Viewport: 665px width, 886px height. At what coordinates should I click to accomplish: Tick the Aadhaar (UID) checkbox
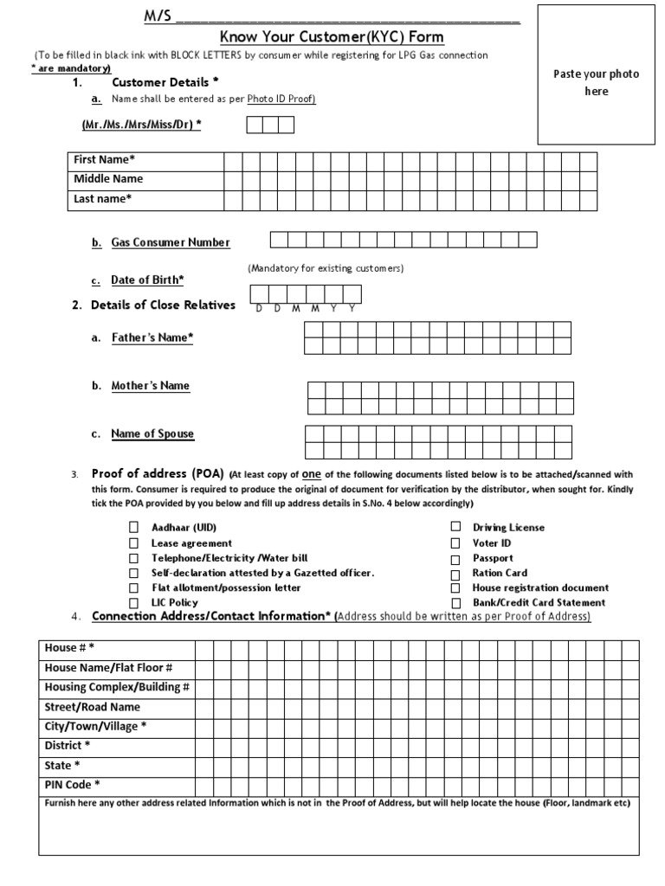tap(134, 527)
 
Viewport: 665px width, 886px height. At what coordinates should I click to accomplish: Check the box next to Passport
tap(455, 559)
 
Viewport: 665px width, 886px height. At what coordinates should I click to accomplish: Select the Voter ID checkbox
tap(455, 543)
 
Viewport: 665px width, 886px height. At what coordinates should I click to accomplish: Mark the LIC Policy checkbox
tap(134, 602)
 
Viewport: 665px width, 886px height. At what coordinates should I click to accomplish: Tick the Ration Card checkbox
tap(455, 574)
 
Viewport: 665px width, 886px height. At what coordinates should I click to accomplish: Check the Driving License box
tap(455, 527)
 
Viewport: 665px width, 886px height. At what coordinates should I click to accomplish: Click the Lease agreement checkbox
tap(134, 543)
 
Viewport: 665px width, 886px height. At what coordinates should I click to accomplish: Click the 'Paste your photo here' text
tap(596, 82)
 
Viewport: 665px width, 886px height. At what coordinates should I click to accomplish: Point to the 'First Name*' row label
tap(104, 160)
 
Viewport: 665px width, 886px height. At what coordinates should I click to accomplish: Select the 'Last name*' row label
tap(102, 199)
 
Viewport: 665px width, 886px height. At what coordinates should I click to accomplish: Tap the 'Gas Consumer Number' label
tap(171, 243)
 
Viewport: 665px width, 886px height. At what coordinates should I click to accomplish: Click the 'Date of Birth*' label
tap(147, 280)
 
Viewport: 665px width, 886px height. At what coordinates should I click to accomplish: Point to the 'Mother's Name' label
tap(150, 386)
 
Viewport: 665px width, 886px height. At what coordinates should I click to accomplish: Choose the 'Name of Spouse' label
tap(152, 433)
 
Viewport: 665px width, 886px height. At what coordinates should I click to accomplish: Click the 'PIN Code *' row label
tap(72, 785)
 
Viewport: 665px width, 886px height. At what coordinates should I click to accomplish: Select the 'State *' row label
tap(62, 766)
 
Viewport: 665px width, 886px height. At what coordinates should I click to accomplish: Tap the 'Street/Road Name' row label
tap(92, 707)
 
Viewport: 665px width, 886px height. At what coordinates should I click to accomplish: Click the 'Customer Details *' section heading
tap(165, 82)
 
